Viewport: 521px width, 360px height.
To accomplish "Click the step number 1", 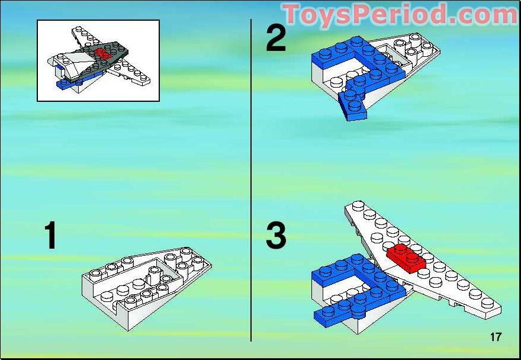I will (51, 236).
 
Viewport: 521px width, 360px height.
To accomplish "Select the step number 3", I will (276, 236).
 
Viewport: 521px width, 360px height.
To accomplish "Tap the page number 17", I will (496, 337).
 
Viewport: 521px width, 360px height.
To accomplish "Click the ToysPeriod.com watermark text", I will (400, 14).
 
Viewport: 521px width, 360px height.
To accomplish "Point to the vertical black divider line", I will (251, 178).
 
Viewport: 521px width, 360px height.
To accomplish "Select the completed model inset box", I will (98, 60).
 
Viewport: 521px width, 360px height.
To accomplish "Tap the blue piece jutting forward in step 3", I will (337, 310).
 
